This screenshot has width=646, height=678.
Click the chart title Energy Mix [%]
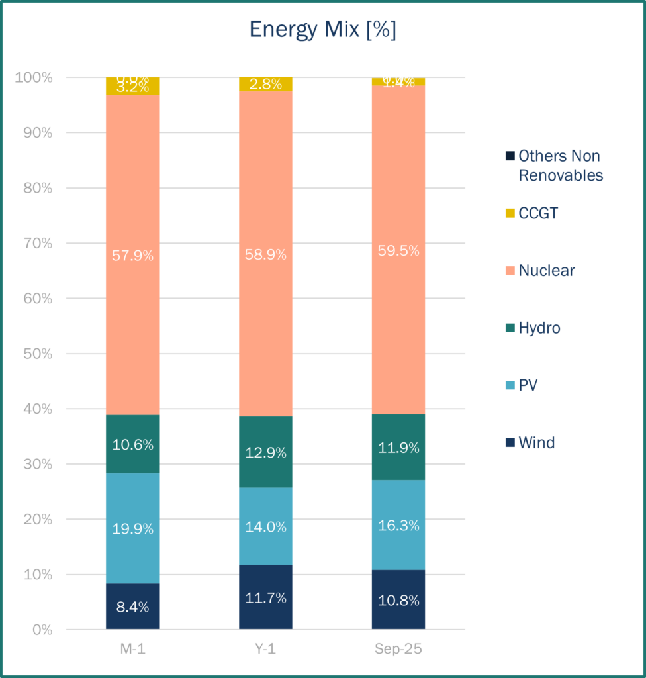(322, 30)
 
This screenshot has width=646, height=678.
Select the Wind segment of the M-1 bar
(132, 606)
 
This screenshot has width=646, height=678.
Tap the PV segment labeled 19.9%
(132, 528)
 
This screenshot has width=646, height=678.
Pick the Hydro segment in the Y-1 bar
(265, 452)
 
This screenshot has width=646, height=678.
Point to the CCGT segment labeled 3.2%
(132, 87)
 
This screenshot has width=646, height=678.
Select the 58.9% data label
(265, 254)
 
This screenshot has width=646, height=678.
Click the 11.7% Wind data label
(265, 598)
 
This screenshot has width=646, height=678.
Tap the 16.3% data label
(398, 526)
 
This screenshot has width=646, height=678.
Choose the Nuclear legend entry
(546, 270)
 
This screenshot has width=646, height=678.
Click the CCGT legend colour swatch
(510, 213)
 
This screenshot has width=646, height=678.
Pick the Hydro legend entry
(539, 328)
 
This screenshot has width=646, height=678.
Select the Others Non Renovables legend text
(560, 166)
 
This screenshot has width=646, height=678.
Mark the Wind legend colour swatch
(510, 442)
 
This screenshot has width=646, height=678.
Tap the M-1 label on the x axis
(132, 649)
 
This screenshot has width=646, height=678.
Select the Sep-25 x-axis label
(398, 649)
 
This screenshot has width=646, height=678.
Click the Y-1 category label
(265, 649)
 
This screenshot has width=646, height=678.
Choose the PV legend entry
(528, 385)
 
